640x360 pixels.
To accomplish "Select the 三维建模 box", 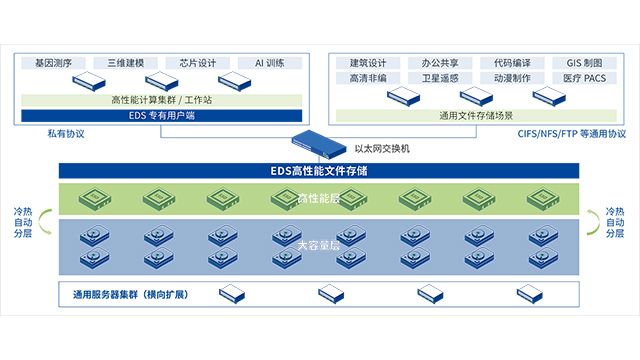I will pyautogui.click(x=126, y=63).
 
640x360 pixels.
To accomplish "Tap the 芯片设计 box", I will pyautogui.click(x=198, y=63).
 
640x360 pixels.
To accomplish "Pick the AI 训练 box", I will pyautogui.click(x=269, y=63).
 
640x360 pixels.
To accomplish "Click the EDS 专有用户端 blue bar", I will pyautogui.click(x=161, y=116).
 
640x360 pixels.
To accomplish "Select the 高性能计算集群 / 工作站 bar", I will pyautogui.click(x=161, y=100).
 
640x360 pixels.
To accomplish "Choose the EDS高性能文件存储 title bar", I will pyautogui.click(x=319, y=169).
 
